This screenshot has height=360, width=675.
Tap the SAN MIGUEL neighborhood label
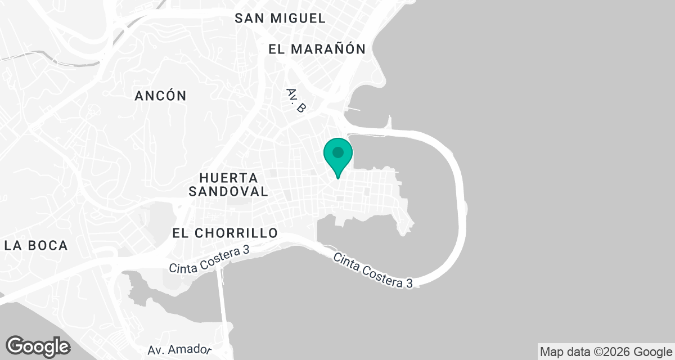coord(280,18)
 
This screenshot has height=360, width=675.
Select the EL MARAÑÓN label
coord(317,49)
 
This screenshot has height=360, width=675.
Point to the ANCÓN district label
coord(160,96)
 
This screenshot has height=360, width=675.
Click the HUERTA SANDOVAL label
coord(228,184)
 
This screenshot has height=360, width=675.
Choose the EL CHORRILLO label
coord(225,233)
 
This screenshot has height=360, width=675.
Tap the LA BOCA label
coord(36,245)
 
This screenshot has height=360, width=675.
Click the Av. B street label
coord(295,100)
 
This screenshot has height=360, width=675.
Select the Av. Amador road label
coord(179,350)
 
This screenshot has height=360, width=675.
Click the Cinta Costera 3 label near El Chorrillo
coord(209,260)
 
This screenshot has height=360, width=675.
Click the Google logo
coord(38,345)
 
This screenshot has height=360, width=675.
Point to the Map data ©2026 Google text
coord(606,352)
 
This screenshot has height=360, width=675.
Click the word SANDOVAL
coord(228,191)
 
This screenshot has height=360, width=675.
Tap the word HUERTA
coord(228,177)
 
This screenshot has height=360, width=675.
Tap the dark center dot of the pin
coord(338,152)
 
